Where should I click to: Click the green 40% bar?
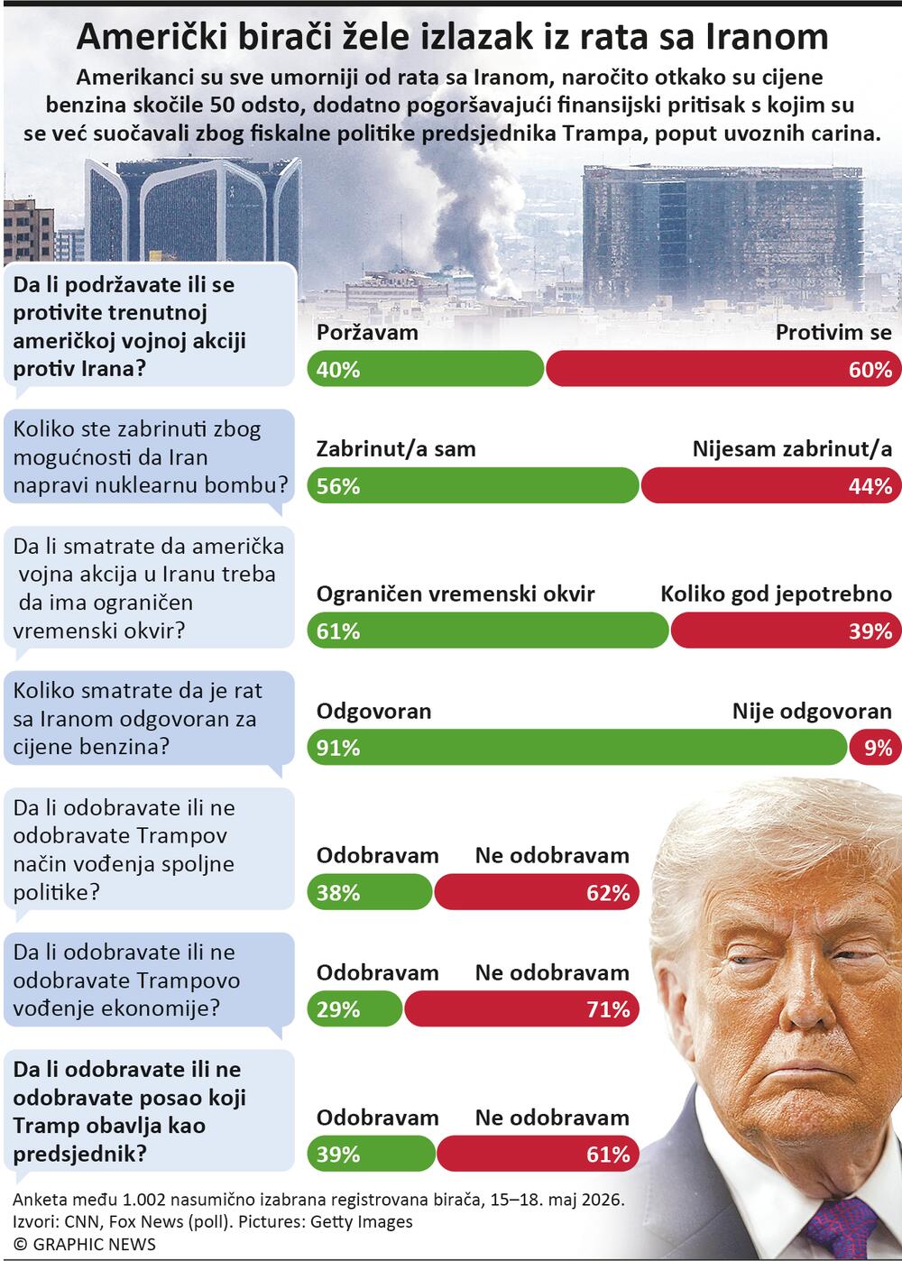click(425, 369)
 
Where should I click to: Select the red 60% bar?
click(723, 369)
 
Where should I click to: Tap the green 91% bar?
click(577, 747)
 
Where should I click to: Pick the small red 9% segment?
click(876, 747)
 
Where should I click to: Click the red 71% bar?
click(521, 1008)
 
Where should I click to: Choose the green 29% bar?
click(354, 1008)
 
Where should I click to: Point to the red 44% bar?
click(771, 485)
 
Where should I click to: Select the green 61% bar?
click(488, 630)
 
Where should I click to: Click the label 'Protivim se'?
click(833, 333)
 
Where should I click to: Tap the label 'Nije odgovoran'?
click(812, 712)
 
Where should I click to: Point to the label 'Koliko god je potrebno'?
click(776, 594)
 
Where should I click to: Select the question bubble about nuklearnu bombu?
click(149, 457)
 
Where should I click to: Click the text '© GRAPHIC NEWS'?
click(85, 1244)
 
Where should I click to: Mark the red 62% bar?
click(537, 892)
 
